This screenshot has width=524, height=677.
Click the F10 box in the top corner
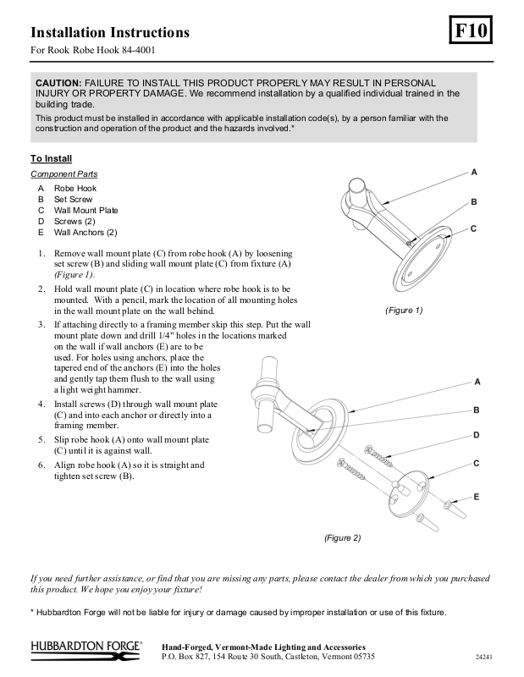471,31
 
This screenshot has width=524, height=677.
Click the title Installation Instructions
110,33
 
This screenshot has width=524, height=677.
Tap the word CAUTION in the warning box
58,83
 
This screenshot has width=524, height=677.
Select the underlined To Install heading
52,158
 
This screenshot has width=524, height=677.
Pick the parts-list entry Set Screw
73,199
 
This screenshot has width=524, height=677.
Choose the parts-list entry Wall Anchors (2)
85,232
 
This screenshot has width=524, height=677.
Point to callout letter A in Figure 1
474,172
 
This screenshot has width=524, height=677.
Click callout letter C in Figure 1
474,228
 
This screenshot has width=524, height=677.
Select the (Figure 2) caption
342,537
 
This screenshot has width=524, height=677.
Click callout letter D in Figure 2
477,435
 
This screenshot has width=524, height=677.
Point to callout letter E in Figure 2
477,496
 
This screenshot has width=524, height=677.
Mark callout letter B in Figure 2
477,410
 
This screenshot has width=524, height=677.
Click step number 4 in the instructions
41,405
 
